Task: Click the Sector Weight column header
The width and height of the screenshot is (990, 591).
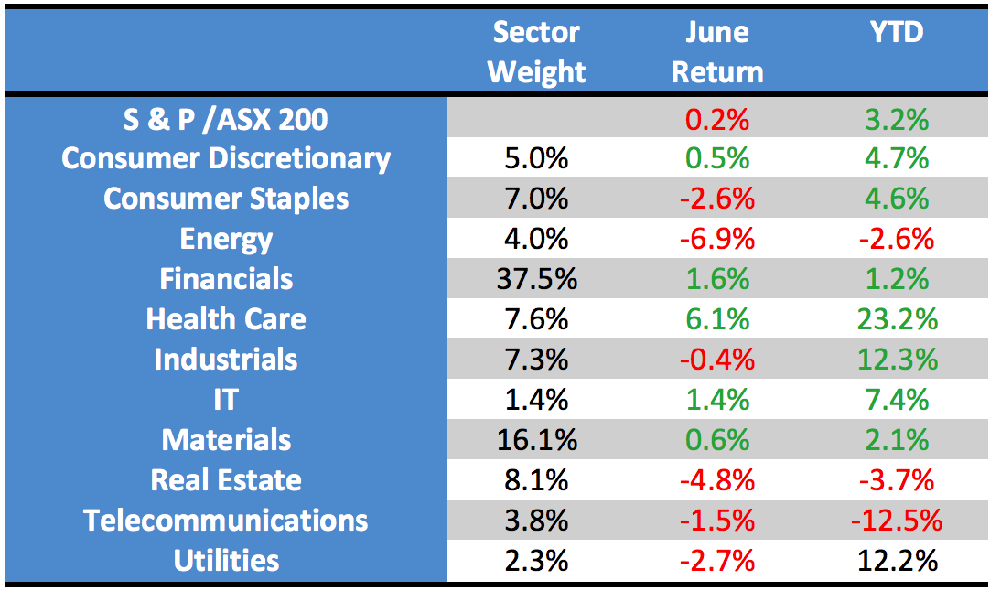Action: coord(536,52)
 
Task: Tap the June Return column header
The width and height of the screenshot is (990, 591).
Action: coord(717,52)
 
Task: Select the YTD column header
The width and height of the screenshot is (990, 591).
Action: coord(897,33)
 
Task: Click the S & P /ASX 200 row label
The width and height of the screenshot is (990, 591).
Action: coord(226,119)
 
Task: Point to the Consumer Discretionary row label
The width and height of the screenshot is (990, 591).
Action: coord(226,159)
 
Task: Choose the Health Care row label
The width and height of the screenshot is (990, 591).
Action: coord(226,319)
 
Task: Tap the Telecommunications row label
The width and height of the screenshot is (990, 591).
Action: coord(226,521)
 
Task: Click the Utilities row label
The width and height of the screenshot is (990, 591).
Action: coord(226,561)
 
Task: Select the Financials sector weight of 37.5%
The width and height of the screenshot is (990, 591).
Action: coord(536,279)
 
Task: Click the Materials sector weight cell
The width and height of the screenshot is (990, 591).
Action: coord(536,440)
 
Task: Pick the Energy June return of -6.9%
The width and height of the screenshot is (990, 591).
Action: coord(717,240)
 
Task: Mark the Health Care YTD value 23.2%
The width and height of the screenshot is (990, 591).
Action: coord(897,319)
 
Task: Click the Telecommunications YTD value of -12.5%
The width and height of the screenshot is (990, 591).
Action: coord(897,521)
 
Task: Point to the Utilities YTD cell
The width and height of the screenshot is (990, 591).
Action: coord(897,561)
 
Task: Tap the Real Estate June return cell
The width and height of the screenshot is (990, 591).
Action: coord(717,480)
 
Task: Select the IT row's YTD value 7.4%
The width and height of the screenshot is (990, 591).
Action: coord(897,400)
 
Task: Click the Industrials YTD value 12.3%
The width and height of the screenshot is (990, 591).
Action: coord(897,360)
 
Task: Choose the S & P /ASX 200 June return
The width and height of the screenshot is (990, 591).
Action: coord(717,119)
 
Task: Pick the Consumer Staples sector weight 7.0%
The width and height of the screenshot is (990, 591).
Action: coord(536,199)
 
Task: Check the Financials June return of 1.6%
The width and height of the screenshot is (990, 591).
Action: coord(717,279)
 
